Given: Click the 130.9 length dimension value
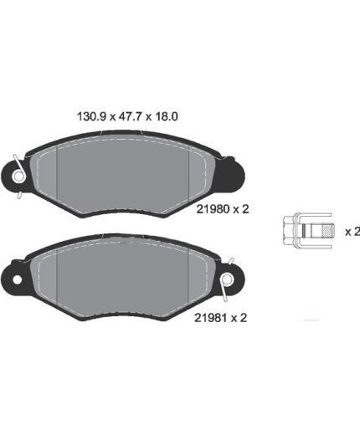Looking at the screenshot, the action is tap(91, 116).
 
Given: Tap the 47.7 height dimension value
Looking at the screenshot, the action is tap(130, 116).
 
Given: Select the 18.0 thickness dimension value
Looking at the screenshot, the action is tap(167, 116).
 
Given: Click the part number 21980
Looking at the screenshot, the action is tap(213, 209).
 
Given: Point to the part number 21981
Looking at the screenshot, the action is tap(211, 318).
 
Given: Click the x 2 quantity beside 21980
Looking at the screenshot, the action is tap(241, 209).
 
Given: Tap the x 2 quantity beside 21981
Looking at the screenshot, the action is tap(239, 318).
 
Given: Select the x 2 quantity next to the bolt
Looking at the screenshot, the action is tap(352, 232).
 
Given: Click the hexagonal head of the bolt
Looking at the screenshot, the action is tap(290, 230).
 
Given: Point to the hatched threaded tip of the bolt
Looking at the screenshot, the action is tap(327, 230).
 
